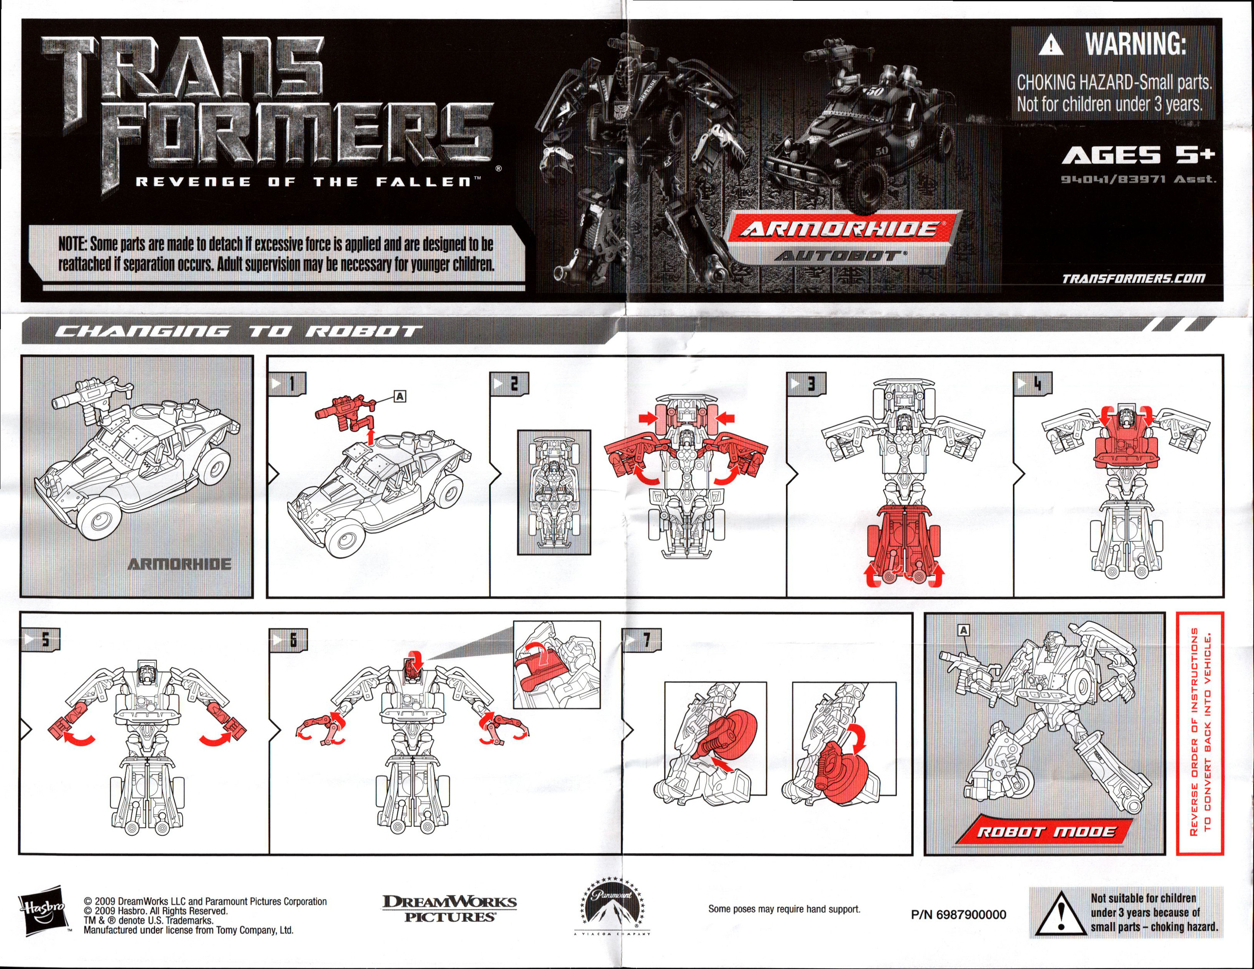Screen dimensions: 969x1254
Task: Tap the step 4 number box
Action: (1032, 383)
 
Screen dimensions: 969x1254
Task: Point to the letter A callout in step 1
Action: (400, 396)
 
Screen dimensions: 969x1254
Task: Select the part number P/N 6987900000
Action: (958, 915)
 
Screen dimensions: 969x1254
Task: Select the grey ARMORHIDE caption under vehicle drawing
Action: (179, 564)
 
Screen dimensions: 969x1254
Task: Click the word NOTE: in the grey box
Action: (72, 244)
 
